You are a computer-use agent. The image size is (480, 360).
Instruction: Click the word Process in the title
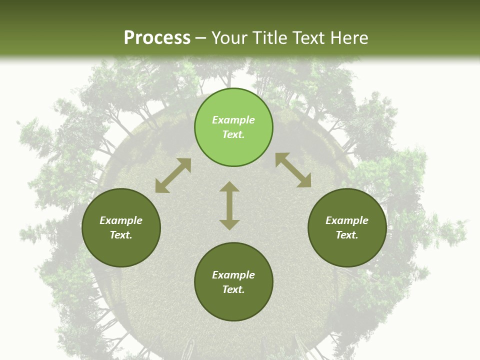pos(157,38)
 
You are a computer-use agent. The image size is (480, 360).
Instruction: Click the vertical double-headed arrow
pos(229,205)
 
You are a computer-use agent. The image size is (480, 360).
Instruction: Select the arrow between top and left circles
pos(173,175)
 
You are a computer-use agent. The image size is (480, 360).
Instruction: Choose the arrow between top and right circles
pos(293,170)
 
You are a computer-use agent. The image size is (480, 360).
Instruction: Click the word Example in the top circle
pos(233,120)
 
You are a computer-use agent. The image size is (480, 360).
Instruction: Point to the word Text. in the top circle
pos(233,134)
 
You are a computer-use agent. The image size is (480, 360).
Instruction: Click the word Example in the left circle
pos(121,220)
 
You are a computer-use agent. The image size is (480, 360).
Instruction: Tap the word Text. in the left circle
pos(121,235)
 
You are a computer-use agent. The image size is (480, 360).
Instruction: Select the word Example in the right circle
pos(347,220)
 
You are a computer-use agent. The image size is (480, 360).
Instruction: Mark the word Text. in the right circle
pos(347,235)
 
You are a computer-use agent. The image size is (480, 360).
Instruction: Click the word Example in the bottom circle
pos(233,275)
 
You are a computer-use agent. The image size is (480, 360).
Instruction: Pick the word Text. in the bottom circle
pos(233,289)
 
